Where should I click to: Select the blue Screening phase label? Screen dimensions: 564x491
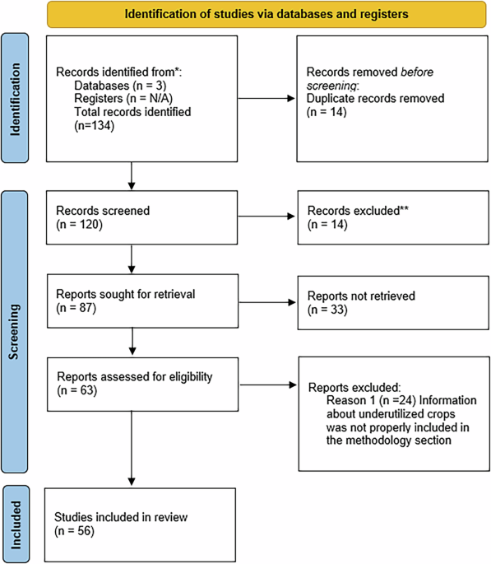pyautogui.click(x=18, y=338)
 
